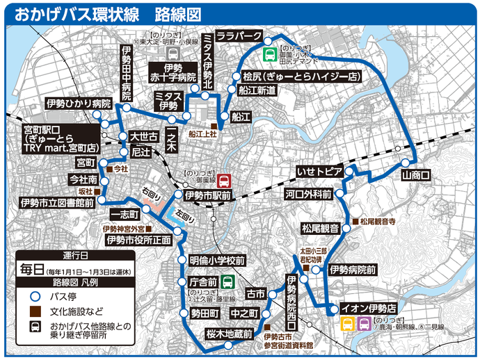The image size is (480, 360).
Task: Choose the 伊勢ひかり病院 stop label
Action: coord(69,104)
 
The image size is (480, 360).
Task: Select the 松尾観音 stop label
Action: coord(320,228)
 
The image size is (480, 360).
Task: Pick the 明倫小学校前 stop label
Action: coord(217,261)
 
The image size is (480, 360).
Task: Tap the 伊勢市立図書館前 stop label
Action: coord(57,202)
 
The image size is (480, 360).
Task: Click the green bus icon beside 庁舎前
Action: coord(227,282)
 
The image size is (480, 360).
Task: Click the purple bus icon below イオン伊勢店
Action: coord(363,324)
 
